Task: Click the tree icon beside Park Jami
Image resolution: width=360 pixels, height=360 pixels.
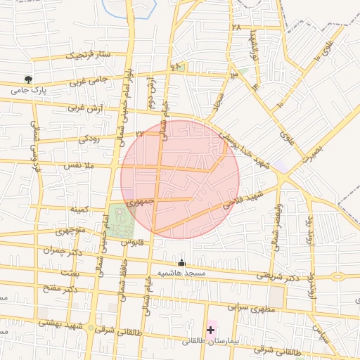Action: tap(28, 79)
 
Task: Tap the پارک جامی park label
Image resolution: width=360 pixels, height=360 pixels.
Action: tap(29, 91)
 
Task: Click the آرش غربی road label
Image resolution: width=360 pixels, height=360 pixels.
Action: tap(86, 108)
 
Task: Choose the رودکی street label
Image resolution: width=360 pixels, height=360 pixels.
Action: tap(89, 139)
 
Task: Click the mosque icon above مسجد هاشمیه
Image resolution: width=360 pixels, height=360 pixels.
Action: tap(181, 262)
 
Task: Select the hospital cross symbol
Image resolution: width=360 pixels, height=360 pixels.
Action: tap(210, 329)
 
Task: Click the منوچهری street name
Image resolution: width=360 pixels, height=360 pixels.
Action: tap(70, 231)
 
